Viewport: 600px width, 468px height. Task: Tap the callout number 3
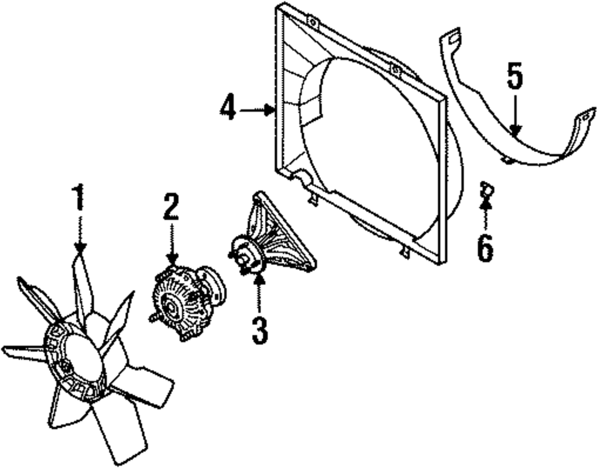coord(259,329)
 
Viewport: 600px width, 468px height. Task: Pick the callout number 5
coord(514,76)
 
